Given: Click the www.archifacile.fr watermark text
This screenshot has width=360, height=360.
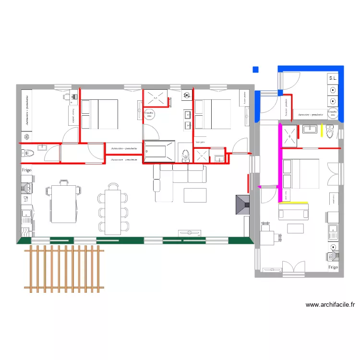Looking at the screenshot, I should [330, 304].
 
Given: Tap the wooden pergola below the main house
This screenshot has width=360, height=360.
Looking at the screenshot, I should [64, 269].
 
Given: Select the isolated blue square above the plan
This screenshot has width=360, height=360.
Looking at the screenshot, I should [255, 70].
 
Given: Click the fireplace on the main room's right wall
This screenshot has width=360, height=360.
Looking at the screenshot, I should [242, 204].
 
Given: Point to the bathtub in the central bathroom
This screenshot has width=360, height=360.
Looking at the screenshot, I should [160, 151].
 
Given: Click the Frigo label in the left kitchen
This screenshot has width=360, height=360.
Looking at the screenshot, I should [26, 170].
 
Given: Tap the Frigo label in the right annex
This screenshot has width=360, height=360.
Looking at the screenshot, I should [333, 267].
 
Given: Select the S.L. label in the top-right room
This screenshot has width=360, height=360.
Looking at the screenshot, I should [332, 78].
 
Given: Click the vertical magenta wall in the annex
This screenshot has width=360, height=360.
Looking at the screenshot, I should [279, 163].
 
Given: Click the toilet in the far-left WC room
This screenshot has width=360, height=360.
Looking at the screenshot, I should [28, 154].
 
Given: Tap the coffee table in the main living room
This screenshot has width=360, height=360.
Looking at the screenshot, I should [195, 195].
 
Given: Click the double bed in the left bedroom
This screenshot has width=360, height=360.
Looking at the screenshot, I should [99, 114].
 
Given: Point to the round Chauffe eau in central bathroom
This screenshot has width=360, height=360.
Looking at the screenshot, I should [149, 114].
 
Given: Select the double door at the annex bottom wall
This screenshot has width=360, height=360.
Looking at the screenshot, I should [293, 269].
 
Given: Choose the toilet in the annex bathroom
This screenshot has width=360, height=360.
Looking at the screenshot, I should [330, 131].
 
